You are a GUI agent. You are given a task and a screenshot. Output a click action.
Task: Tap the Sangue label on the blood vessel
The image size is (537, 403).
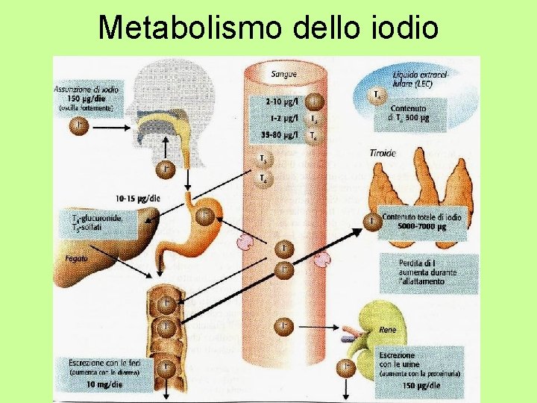pos(283,73)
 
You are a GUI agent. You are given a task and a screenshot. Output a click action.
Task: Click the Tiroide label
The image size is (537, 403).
pos(383,153)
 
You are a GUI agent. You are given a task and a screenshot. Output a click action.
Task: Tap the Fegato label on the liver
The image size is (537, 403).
pos(75,258)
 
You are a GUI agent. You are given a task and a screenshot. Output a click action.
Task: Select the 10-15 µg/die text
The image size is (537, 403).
pos(138,199)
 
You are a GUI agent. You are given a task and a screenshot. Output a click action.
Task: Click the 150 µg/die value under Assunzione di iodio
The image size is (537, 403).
pos(84,99)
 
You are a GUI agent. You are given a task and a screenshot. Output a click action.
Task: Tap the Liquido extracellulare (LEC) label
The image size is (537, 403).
pos(421,80)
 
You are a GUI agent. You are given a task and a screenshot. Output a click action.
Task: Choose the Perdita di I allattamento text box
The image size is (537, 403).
pos(428,272)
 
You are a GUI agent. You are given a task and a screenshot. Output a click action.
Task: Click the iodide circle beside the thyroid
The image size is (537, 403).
pos(371,221)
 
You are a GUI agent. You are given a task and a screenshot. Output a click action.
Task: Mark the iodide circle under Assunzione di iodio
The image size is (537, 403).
pos(80,126)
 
